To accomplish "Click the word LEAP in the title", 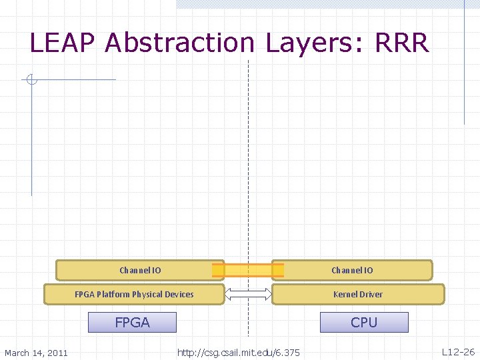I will [64, 43].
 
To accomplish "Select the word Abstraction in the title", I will [179, 43].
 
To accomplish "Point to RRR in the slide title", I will [402, 43].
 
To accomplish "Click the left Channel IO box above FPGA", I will [139, 270].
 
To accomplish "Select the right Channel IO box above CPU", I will [352, 270].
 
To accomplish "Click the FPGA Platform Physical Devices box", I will [134, 294].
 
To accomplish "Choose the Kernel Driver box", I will [358, 294].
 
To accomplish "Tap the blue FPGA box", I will [133, 323].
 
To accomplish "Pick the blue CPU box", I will [364, 323].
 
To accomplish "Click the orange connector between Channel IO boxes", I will [247, 270].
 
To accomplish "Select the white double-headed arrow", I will [248, 294].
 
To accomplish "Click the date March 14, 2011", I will [36, 352].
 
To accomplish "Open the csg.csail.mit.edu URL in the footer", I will [238, 352].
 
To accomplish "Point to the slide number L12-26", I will [458, 351].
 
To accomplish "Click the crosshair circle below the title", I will [31, 80].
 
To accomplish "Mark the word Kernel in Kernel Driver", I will [345, 294].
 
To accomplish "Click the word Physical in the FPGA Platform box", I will [147, 294].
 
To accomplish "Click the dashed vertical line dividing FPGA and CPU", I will [248, 167].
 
